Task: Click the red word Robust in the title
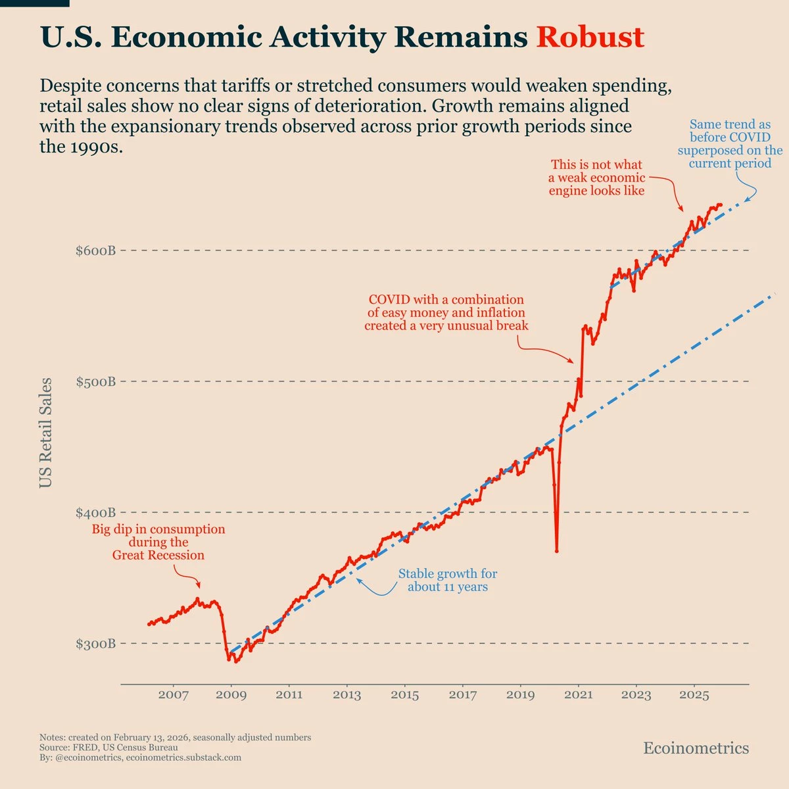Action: click(590, 37)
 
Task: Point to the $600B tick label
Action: click(96, 251)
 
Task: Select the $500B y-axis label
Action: click(96, 381)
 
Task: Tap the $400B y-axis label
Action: click(96, 512)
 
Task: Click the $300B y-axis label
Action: click(96, 643)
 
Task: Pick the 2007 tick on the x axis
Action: click(174, 695)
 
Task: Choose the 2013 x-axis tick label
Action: click(347, 695)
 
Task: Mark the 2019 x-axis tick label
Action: click(521, 695)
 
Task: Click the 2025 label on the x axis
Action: click(694, 695)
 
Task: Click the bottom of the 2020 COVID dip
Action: click(557, 550)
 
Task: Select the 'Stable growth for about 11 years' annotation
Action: click(448, 580)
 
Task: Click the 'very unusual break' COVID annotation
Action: click(446, 312)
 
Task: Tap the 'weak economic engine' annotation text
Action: click(596, 178)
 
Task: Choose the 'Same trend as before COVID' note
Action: click(730, 144)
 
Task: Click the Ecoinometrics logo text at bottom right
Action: click(696, 748)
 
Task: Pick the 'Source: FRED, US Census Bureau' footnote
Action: click(108, 748)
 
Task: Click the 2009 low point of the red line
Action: click(236, 661)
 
